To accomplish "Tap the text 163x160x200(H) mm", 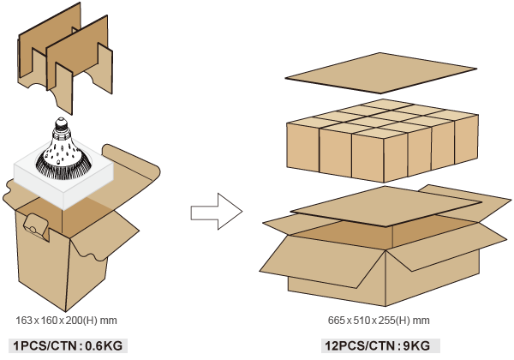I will tap(66, 321).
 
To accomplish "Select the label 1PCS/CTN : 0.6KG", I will tap(66, 345).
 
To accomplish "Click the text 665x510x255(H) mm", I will tap(378, 321).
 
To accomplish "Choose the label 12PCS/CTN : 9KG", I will tap(378, 345).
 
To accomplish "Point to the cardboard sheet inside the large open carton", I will tap(385, 209).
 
